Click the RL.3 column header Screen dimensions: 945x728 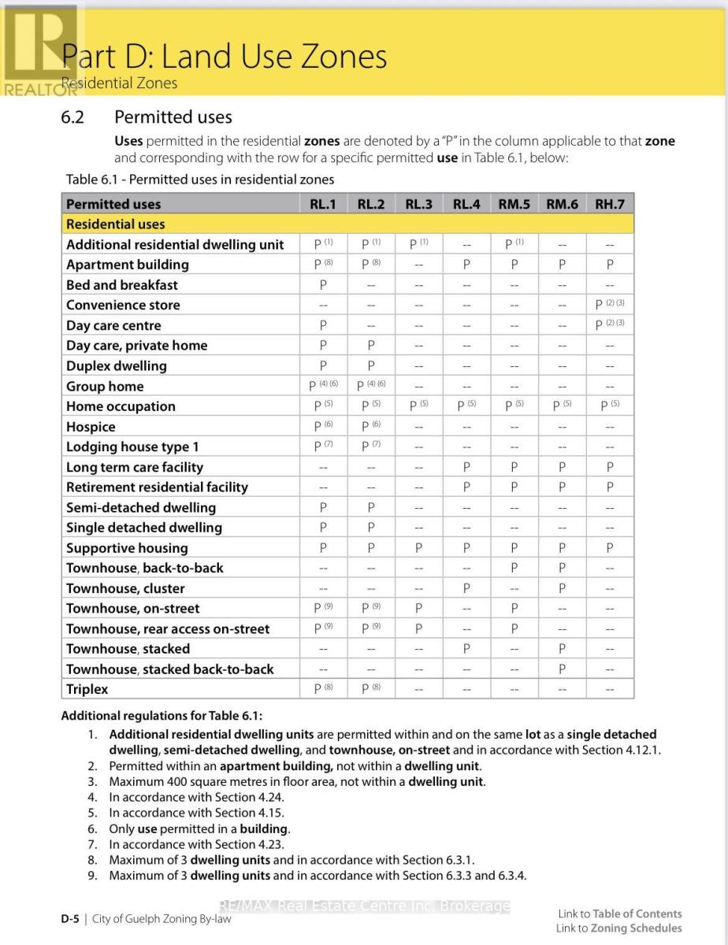418,204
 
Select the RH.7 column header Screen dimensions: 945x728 610,204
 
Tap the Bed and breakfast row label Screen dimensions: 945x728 122,285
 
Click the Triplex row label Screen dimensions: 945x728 87,689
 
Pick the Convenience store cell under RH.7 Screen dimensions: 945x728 610,305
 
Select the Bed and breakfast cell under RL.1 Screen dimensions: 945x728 323,285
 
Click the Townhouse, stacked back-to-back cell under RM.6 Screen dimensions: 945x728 562,669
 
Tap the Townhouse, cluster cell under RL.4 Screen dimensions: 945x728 466,588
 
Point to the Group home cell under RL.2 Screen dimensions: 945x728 371,386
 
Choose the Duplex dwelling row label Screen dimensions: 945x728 117,365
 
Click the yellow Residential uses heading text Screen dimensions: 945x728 116,224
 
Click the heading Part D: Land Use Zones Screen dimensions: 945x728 225,57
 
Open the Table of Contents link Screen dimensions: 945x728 637,913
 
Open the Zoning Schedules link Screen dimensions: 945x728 637,928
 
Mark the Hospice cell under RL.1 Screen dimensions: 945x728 323,426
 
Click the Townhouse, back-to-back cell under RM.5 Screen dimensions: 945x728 514,568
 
